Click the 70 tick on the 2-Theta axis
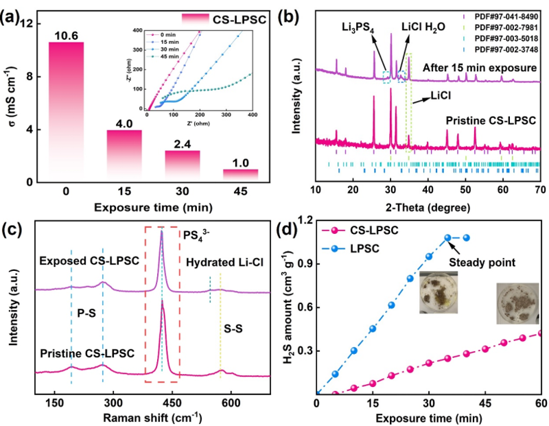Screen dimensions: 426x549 point(539,189)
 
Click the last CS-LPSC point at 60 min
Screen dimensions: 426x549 point(540,333)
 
